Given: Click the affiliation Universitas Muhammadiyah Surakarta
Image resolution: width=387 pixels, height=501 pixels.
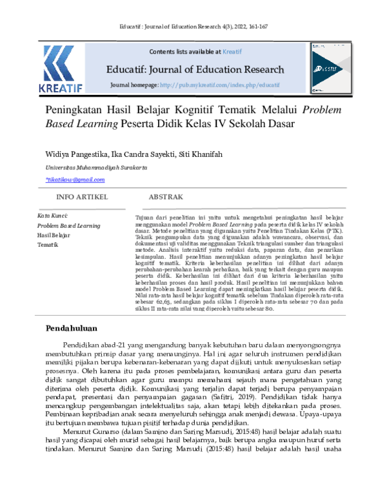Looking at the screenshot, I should click(82, 167).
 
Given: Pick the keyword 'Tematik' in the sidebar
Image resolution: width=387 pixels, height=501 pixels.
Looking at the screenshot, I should click(48, 245).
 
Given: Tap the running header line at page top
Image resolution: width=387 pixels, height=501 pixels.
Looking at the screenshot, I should click(193, 26).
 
